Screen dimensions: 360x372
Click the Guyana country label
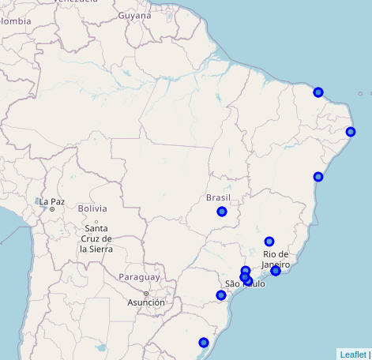[134, 15]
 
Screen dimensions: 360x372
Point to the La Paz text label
[52, 201]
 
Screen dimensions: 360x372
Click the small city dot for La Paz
[52, 209]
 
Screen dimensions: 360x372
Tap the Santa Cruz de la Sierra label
[96, 238]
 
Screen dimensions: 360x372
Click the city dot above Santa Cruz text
[96, 221]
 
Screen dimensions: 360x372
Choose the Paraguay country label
[139, 277]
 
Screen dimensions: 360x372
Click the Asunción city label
[146, 302]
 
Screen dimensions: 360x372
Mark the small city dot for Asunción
[145, 294]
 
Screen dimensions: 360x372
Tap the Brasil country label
[218, 197]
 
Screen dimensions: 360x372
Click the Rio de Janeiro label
[276, 259]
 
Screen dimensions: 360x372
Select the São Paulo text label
[245, 283]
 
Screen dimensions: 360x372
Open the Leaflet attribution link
[352, 354]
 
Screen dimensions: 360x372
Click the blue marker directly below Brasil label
[222, 212]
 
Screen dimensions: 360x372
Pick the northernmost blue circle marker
[318, 92]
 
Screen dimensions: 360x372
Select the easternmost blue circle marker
[351, 132]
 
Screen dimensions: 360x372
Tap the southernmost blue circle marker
[204, 343]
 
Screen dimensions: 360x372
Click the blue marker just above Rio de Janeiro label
[269, 242]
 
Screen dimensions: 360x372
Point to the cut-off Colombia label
[15, 21]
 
